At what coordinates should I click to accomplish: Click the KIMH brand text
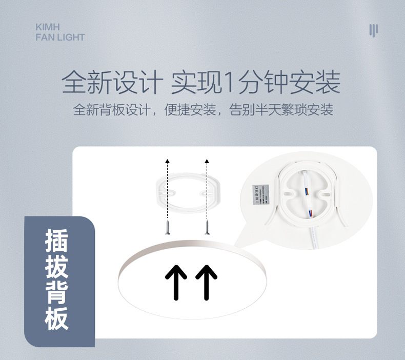48,27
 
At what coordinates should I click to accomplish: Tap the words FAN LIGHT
60,37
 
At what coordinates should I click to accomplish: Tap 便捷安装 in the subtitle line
191,110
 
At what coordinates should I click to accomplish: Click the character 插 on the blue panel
56,241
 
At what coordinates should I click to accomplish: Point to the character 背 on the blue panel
56,293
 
